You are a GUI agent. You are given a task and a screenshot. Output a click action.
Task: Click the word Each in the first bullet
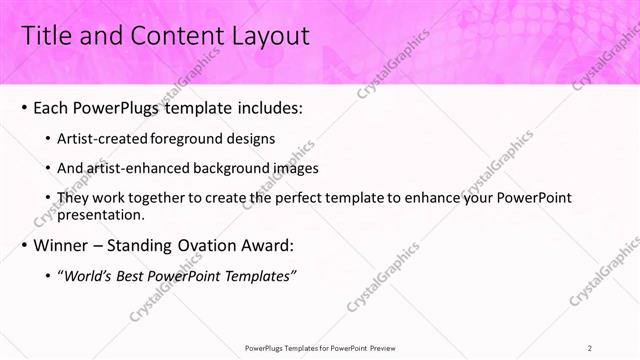(52, 107)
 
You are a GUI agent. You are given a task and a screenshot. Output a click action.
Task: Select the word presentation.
(102, 214)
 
